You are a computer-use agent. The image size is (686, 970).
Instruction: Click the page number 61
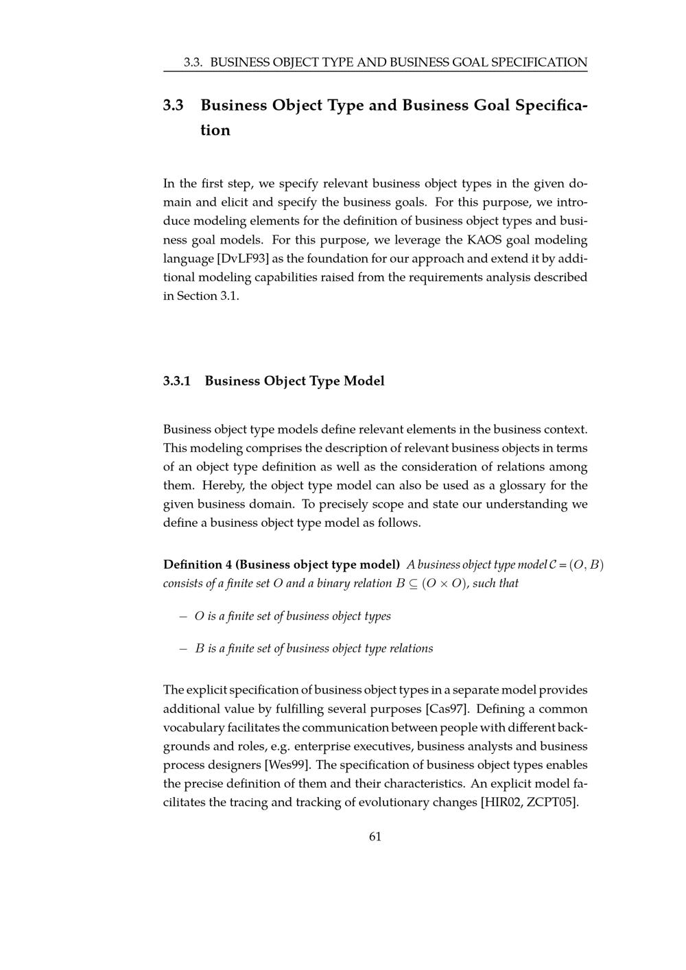(x=375, y=836)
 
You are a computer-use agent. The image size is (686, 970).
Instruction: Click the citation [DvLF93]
(x=243, y=259)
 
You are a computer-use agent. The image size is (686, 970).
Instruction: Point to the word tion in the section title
(x=215, y=130)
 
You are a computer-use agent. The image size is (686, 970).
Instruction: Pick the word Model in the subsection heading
(x=364, y=381)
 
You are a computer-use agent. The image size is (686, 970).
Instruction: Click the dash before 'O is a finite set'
(x=183, y=616)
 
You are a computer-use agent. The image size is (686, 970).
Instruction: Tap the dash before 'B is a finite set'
(x=183, y=648)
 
